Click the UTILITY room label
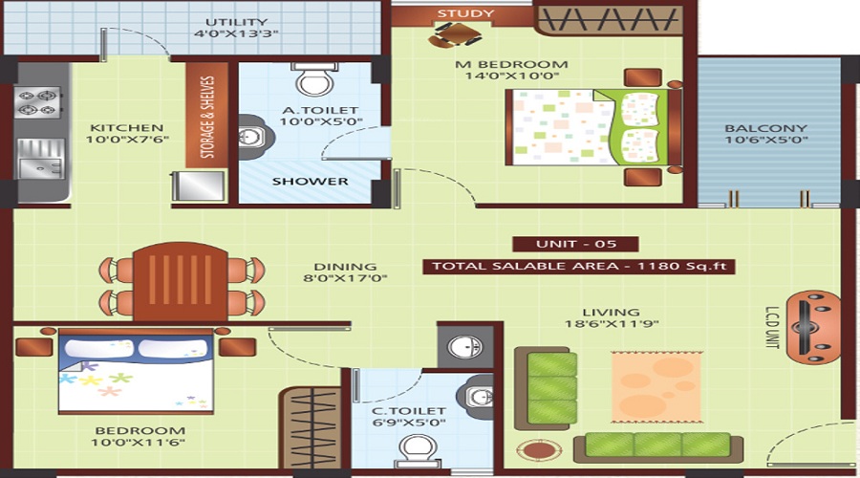point(235,22)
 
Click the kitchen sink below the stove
point(39,158)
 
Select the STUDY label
point(465,13)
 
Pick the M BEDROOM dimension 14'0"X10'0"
point(525,79)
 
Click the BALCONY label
point(765,128)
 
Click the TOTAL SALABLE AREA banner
point(580,266)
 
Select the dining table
point(180,281)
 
